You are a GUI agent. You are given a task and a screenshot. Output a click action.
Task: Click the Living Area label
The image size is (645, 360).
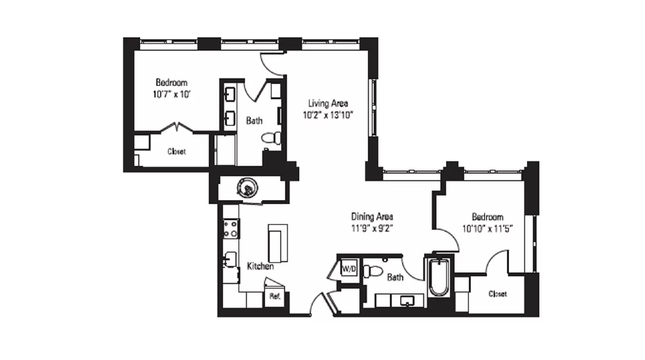[328, 103]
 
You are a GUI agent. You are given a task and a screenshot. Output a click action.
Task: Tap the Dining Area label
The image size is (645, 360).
[372, 216]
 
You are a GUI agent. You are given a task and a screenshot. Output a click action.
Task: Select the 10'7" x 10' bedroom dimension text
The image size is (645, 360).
[171, 95]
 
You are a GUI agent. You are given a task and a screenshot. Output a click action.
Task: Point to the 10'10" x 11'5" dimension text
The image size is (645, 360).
[487, 229]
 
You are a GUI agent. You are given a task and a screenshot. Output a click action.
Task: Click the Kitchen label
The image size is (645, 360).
[260, 266]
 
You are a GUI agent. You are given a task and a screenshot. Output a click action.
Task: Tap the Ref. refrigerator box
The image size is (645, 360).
[275, 297]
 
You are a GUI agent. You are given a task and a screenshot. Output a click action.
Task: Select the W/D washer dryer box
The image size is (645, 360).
[349, 269]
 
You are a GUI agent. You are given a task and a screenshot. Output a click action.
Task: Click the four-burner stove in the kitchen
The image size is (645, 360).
[231, 229]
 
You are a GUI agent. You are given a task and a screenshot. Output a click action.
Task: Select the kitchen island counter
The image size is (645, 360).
[278, 243]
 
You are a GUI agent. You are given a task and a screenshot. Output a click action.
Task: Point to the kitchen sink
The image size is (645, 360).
[231, 259]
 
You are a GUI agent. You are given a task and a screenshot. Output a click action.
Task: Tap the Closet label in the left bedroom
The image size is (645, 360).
[177, 152]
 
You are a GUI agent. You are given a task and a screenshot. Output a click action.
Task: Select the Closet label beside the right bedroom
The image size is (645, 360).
[497, 294]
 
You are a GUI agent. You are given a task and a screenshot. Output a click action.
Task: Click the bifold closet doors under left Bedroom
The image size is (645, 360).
[177, 127]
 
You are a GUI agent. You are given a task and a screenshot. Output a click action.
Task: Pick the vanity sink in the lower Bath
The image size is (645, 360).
[407, 301]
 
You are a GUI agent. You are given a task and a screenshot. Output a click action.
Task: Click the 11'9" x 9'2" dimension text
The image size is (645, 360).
[372, 229]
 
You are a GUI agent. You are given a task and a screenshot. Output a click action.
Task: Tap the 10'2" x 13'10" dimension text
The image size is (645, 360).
[328, 115]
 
